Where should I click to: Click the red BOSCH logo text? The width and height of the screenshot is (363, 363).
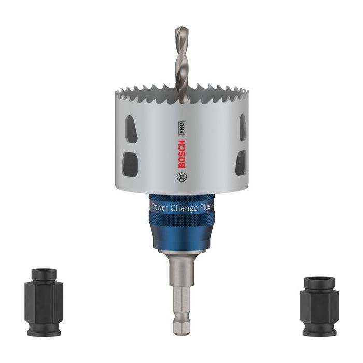(x=181, y=154)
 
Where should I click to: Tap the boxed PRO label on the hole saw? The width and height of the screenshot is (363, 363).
(x=181, y=128)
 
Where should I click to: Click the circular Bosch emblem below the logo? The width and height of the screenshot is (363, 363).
(x=181, y=177)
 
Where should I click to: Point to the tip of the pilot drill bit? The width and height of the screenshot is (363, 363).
(x=181, y=28)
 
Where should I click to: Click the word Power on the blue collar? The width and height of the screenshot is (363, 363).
(x=160, y=207)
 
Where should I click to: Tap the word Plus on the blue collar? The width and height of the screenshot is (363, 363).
(x=205, y=207)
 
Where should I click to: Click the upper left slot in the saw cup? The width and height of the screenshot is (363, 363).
(x=131, y=129)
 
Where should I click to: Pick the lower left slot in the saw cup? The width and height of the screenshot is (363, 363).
(x=130, y=164)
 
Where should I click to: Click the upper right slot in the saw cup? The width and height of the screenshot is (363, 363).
(x=243, y=127)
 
